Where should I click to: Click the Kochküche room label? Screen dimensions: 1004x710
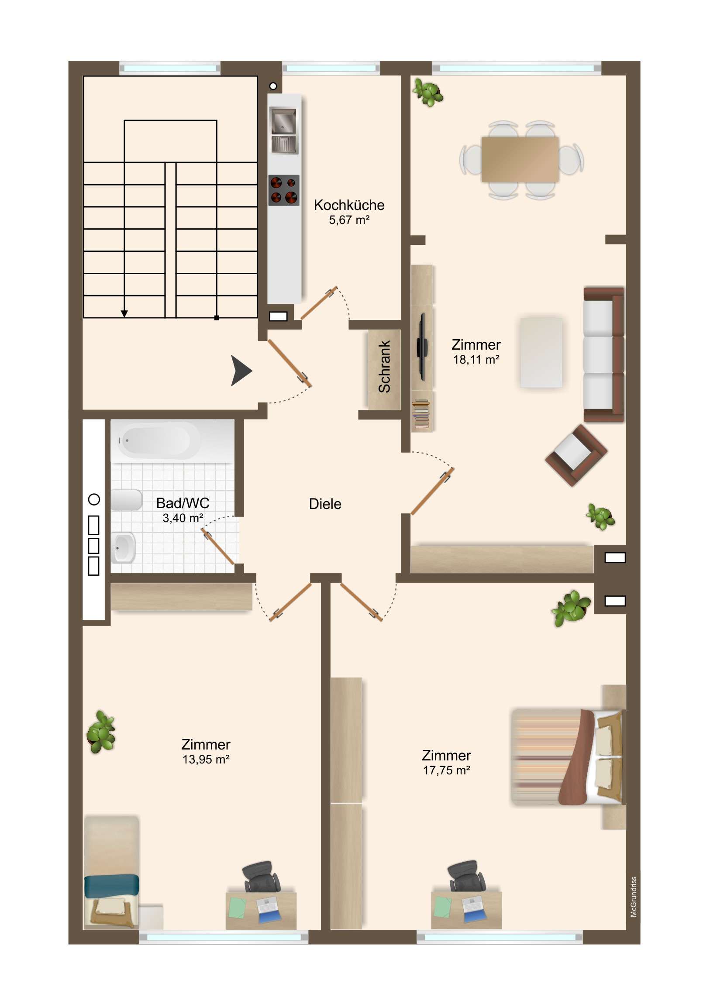click(348, 205)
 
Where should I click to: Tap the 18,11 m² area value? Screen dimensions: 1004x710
click(476, 359)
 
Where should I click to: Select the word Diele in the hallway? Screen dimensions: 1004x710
click(324, 504)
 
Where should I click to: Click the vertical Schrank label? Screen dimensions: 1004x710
click(384, 366)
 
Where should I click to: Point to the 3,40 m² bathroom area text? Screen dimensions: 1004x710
click(183, 518)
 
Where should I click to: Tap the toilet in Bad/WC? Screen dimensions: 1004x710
click(127, 500)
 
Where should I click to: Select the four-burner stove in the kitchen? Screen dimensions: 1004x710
click(284, 190)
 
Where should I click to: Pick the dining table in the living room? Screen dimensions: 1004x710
click(520, 159)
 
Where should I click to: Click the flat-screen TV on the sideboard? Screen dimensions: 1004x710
click(422, 347)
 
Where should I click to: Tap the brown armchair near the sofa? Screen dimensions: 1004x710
click(575, 455)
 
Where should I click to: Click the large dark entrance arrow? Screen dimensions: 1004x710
click(241, 371)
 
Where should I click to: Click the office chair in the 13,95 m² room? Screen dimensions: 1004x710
click(261, 877)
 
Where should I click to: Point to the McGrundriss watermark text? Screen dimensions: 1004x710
click(634, 897)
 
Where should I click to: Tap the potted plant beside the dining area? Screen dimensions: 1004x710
click(428, 92)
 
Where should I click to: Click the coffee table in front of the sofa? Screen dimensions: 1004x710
click(541, 352)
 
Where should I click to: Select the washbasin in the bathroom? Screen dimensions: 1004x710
click(124, 547)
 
